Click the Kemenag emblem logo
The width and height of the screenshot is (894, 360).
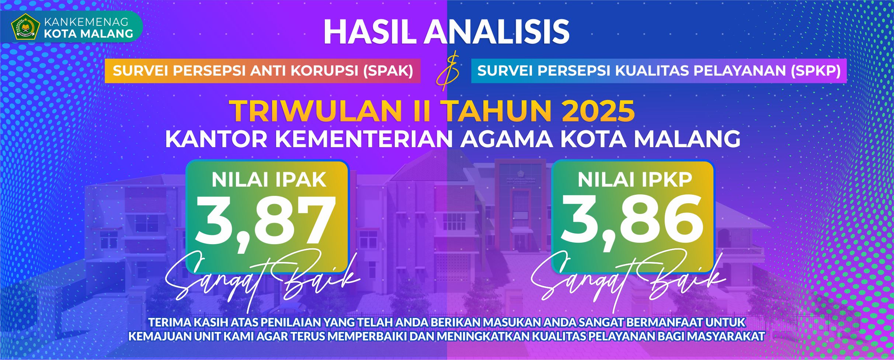tap(25, 27)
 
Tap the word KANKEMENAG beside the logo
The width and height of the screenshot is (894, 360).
tap(86, 22)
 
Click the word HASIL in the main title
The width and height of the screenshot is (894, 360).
tap(371, 32)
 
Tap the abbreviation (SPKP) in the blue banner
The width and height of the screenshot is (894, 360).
tap(816, 71)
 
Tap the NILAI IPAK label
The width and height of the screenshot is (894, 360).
tap(269, 180)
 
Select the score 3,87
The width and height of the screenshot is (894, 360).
tap(266, 223)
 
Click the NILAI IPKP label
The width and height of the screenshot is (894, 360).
tap(635, 180)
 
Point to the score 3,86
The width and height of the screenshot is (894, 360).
tap(632, 222)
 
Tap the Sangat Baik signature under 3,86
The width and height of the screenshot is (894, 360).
tap(628, 281)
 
